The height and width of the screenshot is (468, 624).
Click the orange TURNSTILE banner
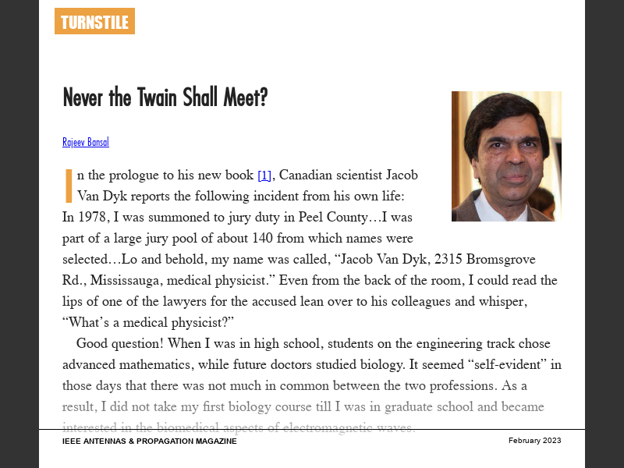pos(94,22)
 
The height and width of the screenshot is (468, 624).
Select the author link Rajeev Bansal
pos(86,142)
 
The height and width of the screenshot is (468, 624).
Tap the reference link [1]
pos(264,175)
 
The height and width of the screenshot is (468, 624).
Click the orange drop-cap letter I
pos(69,185)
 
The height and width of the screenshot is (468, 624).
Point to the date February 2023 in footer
pos(534,441)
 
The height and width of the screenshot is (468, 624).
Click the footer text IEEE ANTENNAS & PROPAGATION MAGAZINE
pos(149,441)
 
